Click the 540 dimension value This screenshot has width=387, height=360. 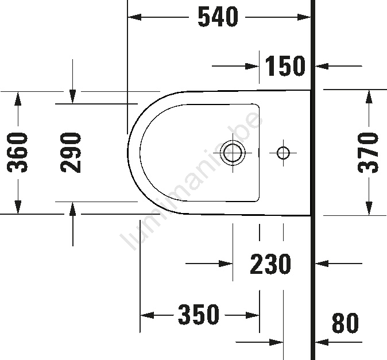tap(218, 17)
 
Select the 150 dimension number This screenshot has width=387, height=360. tap(285, 65)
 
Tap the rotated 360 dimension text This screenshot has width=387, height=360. tap(17, 152)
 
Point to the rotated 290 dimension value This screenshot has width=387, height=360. tap(71, 152)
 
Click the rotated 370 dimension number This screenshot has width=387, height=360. tap(368, 152)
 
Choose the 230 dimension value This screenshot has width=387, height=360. tap(270, 264)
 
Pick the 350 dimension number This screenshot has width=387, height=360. tap(199, 314)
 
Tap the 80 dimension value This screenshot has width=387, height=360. tap(345, 323)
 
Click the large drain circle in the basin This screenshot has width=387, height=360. tap(233, 153)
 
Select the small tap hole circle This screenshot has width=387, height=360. tap(283, 153)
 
